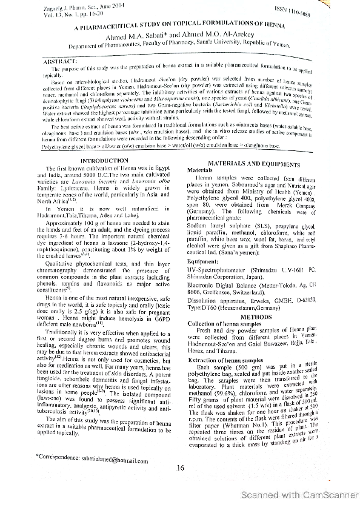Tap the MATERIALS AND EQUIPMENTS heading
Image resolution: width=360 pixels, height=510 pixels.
[254, 164]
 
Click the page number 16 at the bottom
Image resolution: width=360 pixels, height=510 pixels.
[180, 467]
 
